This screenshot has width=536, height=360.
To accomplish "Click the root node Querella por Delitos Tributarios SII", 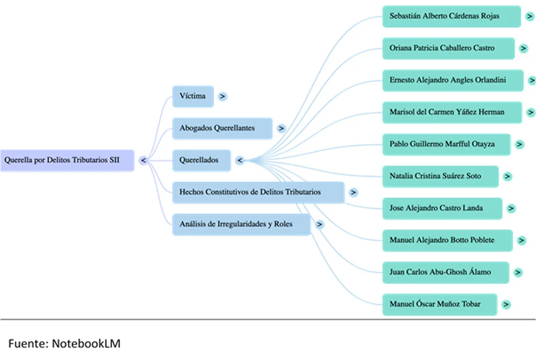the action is tap(68, 160).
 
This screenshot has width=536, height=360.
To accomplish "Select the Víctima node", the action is tap(193, 96).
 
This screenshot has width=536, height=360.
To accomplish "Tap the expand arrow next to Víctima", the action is tap(222, 96).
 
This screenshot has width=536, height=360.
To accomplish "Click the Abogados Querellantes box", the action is tap(222, 129).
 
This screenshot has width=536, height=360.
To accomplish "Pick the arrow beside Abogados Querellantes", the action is tap(281, 129).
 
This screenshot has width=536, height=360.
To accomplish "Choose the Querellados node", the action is tap(202, 160).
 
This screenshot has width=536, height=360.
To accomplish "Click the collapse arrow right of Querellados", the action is tap(240, 160).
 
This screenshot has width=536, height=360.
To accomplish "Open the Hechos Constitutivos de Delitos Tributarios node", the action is tap(258, 192).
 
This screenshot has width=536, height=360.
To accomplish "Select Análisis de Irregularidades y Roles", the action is tap(242, 224).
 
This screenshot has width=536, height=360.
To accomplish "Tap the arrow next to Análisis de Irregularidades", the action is tap(319, 224).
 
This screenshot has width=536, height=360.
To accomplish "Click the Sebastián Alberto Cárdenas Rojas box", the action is tap(451, 17).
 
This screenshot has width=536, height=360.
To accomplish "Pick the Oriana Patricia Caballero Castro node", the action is tap(449, 49).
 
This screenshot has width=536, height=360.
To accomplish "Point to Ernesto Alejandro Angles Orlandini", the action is tap(453, 80).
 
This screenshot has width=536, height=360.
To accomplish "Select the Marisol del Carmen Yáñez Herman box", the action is tap(452, 112).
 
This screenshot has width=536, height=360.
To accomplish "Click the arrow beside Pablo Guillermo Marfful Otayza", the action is tap(519, 145).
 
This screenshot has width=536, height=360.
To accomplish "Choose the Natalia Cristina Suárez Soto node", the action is tap(441, 177).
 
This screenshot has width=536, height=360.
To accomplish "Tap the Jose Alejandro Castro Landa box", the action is tap(442, 208).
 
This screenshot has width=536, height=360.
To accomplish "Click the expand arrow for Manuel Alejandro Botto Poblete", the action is tap(522, 241).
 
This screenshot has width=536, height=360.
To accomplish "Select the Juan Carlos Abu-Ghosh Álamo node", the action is tap(446, 273).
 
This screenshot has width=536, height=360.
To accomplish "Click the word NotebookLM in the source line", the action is tap(86, 343).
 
